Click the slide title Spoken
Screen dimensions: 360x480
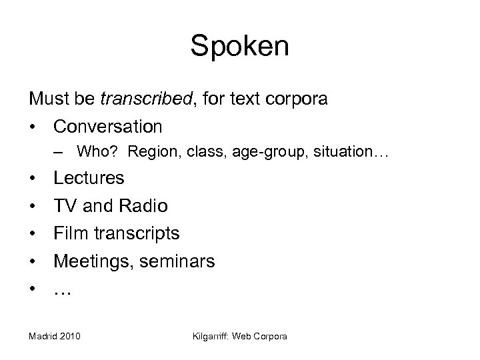coord(240,46)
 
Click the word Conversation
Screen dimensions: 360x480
coord(108,126)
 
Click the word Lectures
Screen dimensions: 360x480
coord(89,178)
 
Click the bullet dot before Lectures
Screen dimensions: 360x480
coord(32,178)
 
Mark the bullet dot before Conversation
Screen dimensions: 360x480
coord(32,126)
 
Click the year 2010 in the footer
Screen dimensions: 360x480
coord(69,337)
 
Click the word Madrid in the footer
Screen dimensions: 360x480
coord(43,337)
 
